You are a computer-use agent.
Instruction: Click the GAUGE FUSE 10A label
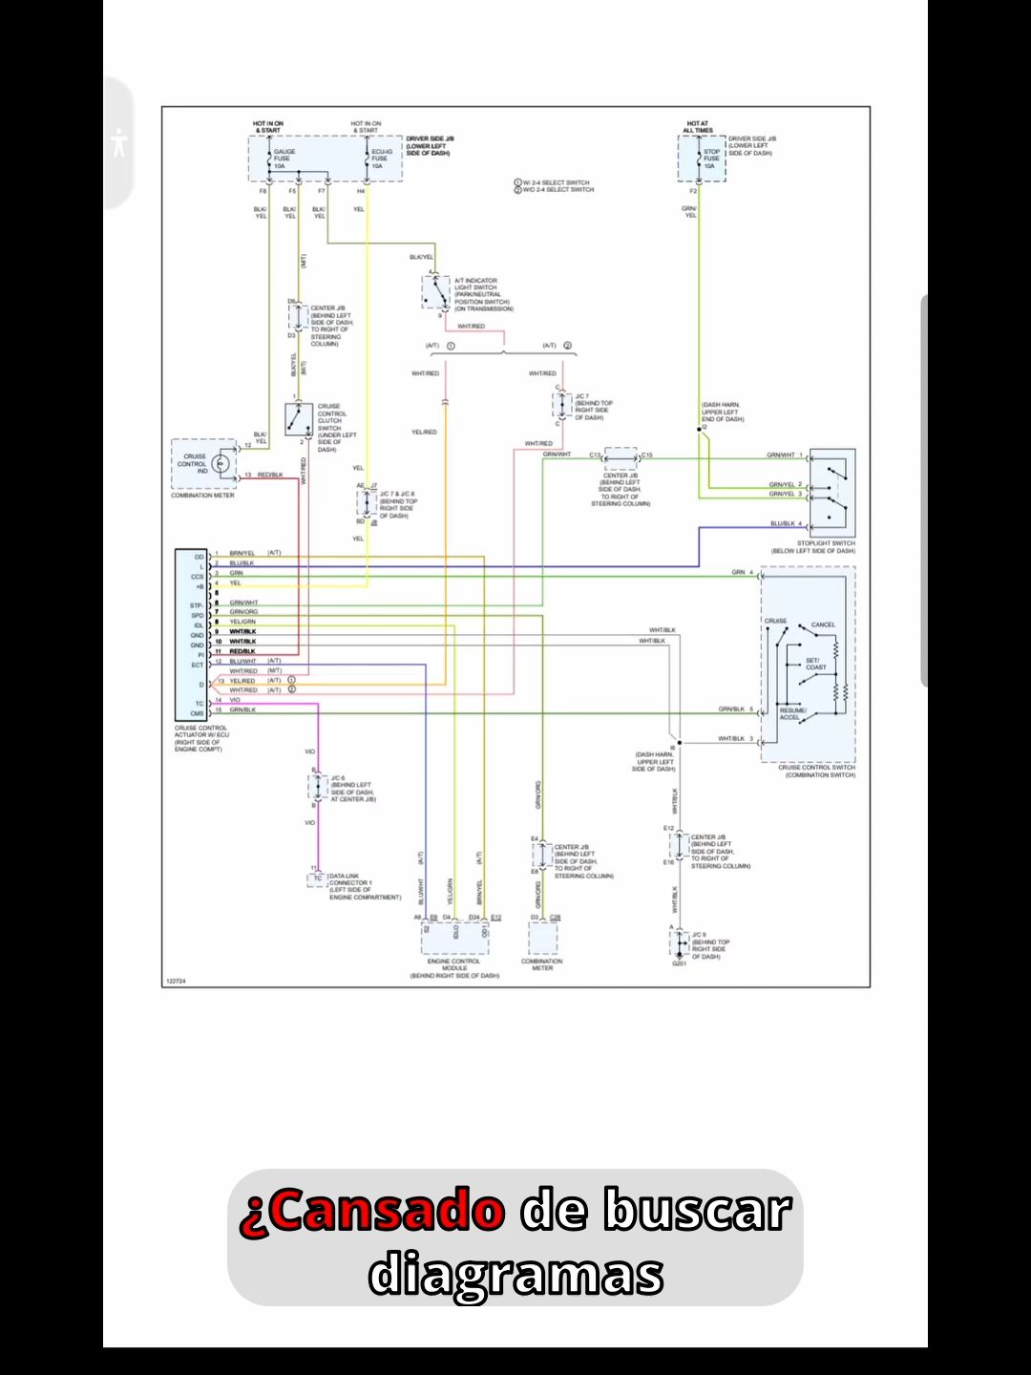point(284,159)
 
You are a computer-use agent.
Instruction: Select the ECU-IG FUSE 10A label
point(381,159)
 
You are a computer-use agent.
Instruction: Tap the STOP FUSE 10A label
point(712,159)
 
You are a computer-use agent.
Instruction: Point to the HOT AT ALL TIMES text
point(698,127)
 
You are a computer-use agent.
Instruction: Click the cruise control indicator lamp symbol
point(221,464)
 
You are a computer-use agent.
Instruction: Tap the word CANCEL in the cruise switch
point(823,624)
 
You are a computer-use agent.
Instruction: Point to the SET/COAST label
point(815,664)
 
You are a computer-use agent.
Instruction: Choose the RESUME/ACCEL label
point(793,713)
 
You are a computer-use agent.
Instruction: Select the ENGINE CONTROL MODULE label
point(454,964)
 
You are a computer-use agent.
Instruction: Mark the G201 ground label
point(679,963)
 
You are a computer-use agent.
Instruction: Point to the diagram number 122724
point(176,981)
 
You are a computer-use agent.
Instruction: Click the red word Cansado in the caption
point(372,1212)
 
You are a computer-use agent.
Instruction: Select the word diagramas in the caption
point(515,1275)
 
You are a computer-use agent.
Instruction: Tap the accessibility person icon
point(118,143)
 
